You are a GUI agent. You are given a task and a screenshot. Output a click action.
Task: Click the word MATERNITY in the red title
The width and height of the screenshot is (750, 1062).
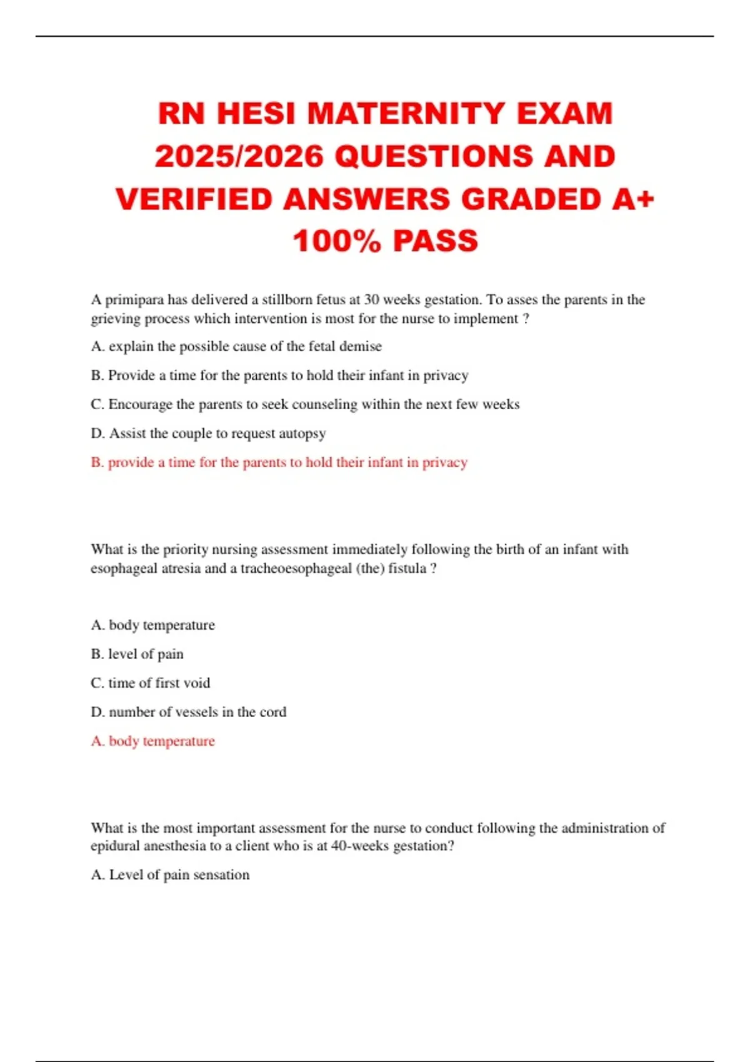pos(406,114)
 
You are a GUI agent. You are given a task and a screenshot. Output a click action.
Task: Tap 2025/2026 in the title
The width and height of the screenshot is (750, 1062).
pos(239,156)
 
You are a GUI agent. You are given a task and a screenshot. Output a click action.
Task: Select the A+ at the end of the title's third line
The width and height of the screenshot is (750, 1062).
pos(633,199)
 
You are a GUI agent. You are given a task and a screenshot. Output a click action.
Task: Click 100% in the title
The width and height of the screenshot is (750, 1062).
pos(336,241)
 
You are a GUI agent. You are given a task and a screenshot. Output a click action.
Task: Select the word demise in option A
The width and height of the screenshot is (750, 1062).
pos(361,346)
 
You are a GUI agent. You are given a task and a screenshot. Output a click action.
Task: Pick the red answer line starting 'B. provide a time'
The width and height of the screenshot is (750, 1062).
pos(279,462)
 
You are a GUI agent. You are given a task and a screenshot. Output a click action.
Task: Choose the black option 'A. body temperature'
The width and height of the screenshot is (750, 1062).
pos(152,625)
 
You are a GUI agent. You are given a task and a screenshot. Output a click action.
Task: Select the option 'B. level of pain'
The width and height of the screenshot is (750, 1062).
pos(137,654)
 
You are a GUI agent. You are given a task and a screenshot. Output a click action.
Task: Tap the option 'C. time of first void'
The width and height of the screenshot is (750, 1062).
pos(150,683)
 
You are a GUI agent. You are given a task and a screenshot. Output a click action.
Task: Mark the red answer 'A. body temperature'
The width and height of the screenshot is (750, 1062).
pos(152,741)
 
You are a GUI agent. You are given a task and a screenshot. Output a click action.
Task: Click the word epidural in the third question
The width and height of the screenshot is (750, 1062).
pos(115,846)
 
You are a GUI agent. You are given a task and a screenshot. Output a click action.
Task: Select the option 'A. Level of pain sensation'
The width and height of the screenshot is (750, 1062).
pos(170,875)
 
